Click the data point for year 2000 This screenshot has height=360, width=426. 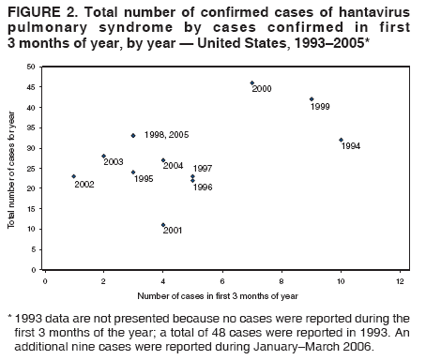tap(251, 82)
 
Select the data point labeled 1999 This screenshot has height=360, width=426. tap(312, 98)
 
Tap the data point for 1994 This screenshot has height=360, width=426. tap(341, 140)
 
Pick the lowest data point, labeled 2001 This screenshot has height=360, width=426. tap(163, 225)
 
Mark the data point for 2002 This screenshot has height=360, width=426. tap(74, 176)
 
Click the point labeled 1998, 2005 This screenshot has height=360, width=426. tap(133, 135)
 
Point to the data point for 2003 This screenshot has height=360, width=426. tap(103, 156)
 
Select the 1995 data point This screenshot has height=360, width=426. tap(133, 172)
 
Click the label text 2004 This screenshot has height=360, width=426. tap(174, 166)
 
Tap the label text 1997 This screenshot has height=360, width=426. tap(203, 169)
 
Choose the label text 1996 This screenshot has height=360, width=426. tap(203, 187)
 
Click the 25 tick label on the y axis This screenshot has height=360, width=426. tap(32, 169)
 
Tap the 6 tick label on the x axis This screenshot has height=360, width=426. tap(222, 279)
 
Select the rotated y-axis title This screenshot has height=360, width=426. tap(12, 169)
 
